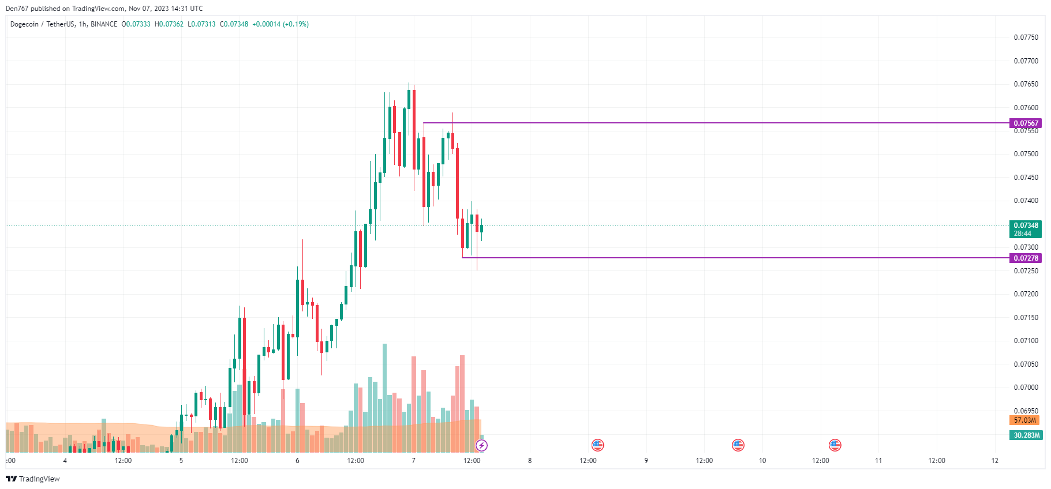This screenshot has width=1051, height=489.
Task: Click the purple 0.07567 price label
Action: (x=1026, y=123)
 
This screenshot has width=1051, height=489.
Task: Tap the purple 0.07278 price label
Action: (x=1026, y=258)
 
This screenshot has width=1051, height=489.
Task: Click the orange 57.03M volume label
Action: (x=1024, y=420)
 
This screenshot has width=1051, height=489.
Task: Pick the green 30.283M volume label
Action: (x=1026, y=435)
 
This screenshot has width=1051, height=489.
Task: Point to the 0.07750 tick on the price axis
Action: (x=1026, y=37)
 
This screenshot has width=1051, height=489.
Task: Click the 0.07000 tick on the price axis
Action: (x=1026, y=388)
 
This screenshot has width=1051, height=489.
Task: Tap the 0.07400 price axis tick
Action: (x=1026, y=201)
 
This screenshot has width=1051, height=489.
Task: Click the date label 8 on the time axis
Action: (x=530, y=461)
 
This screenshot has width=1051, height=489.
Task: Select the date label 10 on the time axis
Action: (x=762, y=461)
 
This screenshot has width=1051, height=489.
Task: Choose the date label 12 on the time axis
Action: (x=995, y=461)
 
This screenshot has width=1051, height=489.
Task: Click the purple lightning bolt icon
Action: (x=481, y=445)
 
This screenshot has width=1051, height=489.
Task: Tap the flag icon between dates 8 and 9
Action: (x=597, y=445)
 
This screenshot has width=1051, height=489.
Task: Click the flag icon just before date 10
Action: (x=738, y=445)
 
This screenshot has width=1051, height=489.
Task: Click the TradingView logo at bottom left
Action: (x=33, y=479)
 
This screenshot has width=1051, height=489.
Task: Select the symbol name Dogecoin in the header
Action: (x=24, y=24)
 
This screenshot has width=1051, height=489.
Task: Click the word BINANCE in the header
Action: (x=104, y=24)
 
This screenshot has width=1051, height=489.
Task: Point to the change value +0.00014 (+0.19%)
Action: (x=280, y=24)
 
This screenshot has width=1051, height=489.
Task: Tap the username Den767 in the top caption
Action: (x=16, y=9)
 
